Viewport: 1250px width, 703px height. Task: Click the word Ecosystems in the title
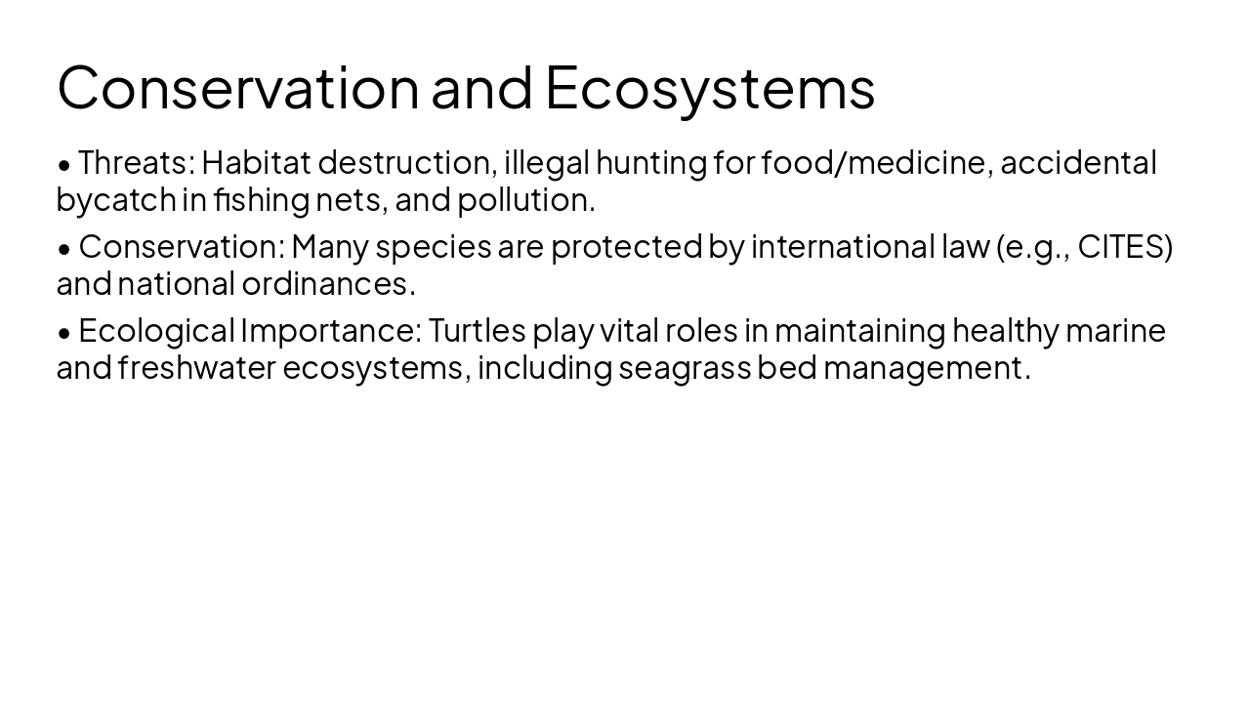[x=710, y=87]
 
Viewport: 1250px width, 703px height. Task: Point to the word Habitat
[x=256, y=162]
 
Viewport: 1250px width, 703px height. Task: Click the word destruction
[x=407, y=162]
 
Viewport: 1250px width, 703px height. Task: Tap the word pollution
[x=524, y=200]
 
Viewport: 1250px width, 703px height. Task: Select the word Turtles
[x=477, y=331]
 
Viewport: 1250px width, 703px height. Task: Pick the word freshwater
[x=198, y=368]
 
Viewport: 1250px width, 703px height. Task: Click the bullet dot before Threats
[x=64, y=164]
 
